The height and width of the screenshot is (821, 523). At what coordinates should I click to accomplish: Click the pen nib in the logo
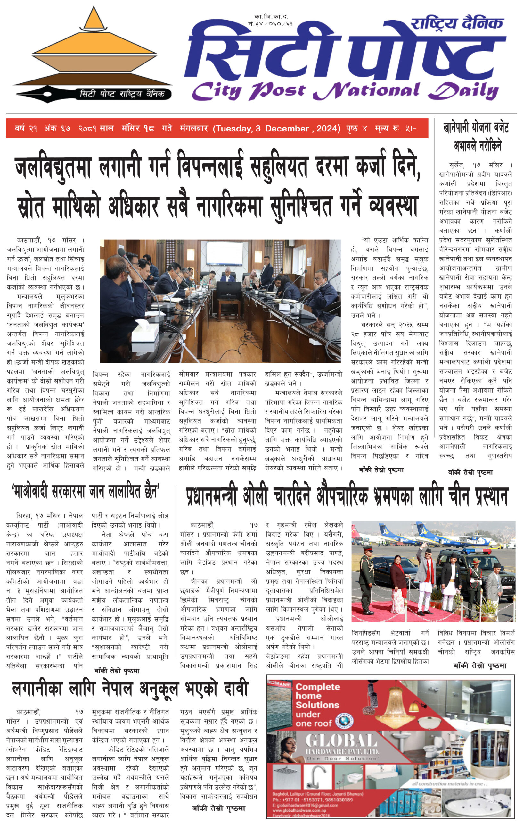point(44,93)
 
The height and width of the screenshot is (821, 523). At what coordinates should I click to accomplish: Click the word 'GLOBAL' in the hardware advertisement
point(341,741)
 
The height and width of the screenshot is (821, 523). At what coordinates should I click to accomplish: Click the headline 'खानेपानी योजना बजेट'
point(475,128)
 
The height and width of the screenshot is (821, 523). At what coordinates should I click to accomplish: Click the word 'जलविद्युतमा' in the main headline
point(53,168)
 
